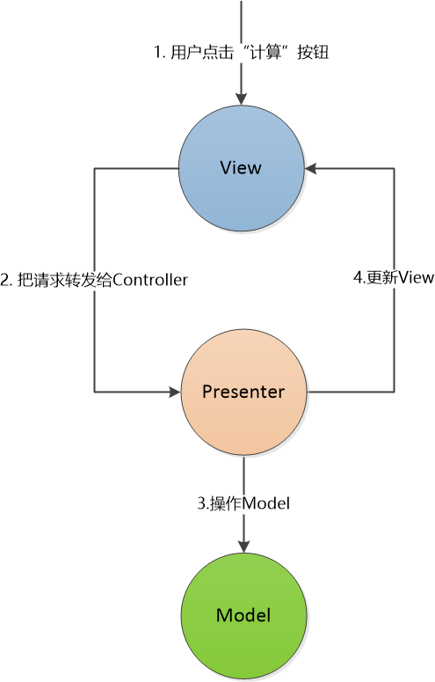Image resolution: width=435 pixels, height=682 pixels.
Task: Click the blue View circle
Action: (242, 168)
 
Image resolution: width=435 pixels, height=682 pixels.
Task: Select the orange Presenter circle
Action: (243, 392)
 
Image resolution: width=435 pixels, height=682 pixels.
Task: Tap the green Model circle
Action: (243, 616)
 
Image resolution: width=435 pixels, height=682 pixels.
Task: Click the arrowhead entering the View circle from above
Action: (241, 99)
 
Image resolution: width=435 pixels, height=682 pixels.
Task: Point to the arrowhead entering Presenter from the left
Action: (174, 392)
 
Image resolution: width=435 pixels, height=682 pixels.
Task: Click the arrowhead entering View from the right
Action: (311, 168)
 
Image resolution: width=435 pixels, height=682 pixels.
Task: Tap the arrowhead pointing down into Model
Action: (243, 546)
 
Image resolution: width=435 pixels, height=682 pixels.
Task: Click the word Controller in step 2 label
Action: (150, 280)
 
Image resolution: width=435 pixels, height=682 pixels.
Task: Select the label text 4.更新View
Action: (394, 277)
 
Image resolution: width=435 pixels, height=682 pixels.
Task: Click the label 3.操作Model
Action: (243, 503)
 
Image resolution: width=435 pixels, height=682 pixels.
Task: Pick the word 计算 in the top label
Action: (265, 52)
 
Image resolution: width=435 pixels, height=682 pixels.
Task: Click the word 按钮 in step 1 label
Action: (313, 52)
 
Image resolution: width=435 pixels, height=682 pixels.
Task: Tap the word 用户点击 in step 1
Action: (202, 52)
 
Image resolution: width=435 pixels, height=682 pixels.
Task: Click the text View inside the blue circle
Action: (241, 168)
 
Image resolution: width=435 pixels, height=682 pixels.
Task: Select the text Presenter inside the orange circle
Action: (243, 392)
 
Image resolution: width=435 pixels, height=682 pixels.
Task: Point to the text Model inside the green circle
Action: (243, 615)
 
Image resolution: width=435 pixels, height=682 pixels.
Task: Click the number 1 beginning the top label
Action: (157, 52)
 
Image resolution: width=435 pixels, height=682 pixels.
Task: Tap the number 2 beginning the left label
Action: (4, 280)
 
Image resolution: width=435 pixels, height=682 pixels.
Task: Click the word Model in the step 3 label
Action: (266, 503)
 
